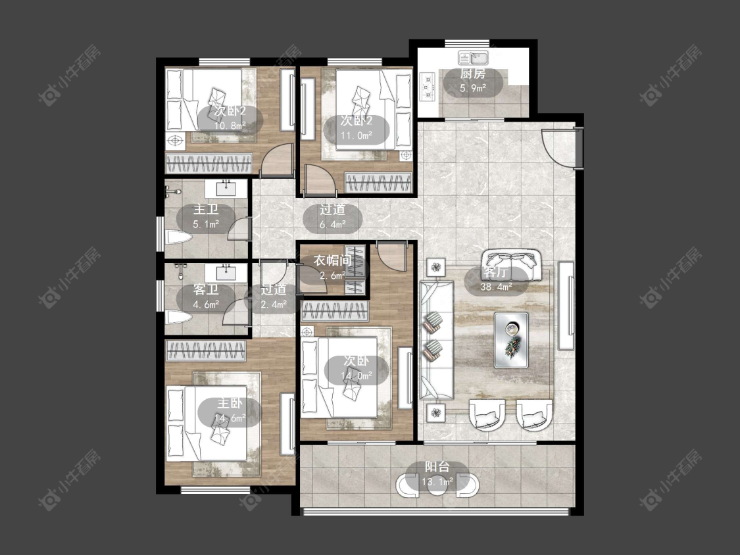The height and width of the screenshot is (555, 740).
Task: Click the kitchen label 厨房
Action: pos(472,74)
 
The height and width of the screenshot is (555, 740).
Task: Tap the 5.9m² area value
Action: pos(473,87)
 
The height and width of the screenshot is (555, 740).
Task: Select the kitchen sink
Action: pos(474,59)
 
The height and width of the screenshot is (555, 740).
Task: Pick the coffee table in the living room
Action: pos(511,340)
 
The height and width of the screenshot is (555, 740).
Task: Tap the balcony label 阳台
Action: pos(437,468)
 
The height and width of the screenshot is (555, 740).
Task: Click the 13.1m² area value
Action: pos(437,482)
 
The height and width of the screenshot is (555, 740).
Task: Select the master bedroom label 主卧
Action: pos(230,403)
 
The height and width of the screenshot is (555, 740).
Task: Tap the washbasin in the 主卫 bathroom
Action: pos(226,188)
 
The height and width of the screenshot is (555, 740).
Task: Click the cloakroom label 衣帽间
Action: pos(333,260)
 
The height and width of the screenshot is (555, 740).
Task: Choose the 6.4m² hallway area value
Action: pos(333,225)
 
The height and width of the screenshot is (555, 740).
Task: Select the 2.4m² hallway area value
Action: pos(274,304)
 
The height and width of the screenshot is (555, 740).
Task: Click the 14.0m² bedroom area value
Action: pos(357,375)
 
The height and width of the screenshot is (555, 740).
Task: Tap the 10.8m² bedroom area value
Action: pos(230,126)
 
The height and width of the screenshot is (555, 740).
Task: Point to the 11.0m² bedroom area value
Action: pos(357,135)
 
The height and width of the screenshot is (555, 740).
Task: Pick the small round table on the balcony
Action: pos(438,484)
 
